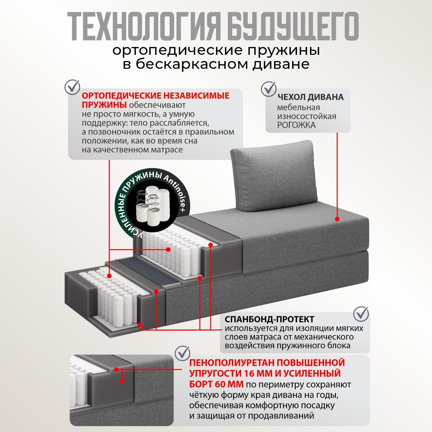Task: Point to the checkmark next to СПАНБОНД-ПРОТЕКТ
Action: pos(361,313)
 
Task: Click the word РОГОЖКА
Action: pos(296,125)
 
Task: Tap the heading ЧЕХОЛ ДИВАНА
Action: pos(310,97)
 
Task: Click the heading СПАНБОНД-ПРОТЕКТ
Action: pos(270,319)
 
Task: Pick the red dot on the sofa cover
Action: pos(337,219)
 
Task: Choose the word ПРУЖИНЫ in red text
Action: pos(104,105)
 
